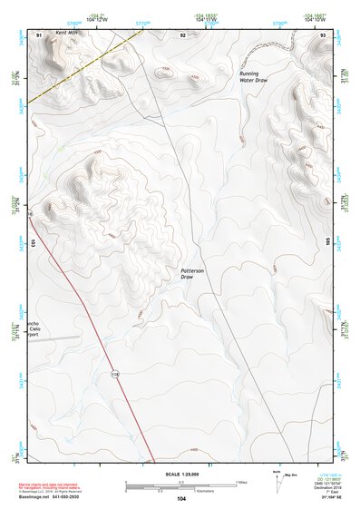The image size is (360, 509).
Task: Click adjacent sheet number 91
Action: (x=39, y=33)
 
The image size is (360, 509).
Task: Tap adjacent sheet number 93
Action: (x=323, y=33)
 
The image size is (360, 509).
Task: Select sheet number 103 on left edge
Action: (x=33, y=243)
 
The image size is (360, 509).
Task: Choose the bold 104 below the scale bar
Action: (x=181, y=498)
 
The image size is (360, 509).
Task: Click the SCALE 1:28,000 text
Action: (x=180, y=475)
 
